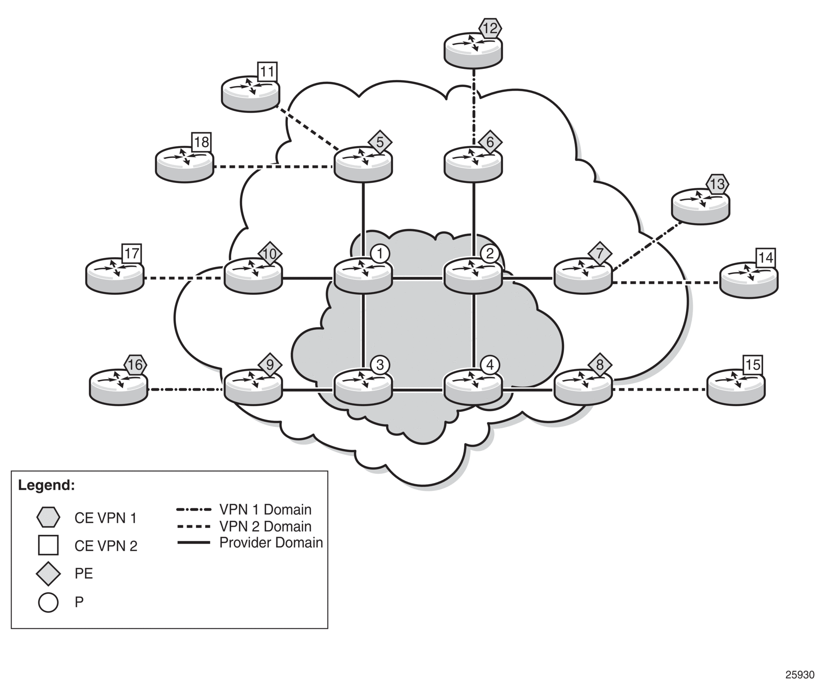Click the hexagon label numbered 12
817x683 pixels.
pos(490,29)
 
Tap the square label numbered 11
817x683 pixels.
pos(267,72)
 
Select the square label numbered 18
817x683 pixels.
pos(201,142)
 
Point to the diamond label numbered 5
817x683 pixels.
pos(380,142)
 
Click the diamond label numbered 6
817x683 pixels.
pos(490,142)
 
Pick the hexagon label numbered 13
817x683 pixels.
pos(717,183)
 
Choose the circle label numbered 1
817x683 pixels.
pos(380,254)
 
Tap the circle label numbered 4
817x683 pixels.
pos(490,365)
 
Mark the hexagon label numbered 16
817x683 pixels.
pos(135,365)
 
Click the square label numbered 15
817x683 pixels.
pos(753,365)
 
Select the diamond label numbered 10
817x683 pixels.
pos(270,254)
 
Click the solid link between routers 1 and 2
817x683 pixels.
pos(418,279)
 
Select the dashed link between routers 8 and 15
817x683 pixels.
pos(660,389)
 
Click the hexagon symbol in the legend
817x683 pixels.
pos(48,517)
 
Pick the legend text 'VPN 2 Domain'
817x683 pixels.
pos(265,527)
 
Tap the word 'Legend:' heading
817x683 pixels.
pos(46,485)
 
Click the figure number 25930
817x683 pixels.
pos(799,675)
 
